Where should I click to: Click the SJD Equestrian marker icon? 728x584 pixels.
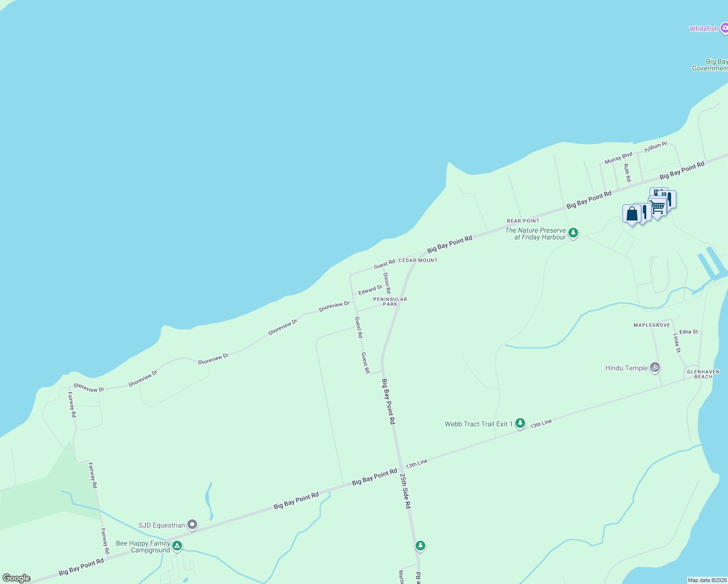[x=192, y=525]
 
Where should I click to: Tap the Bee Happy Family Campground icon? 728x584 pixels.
[x=177, y=546]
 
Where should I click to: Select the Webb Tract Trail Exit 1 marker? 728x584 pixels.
[x=520, y=423]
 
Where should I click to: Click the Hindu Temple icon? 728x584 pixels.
[x=655, y=367]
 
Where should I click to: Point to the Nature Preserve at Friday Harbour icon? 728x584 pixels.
[x=573, y=233]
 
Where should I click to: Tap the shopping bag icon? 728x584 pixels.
[x=632, y=214]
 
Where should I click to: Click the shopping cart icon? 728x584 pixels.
[x=657, y=207]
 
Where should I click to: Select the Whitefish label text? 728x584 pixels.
[x=704, y=29]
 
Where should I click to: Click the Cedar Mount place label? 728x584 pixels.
[x=418, y=260]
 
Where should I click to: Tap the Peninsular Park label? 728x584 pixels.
[x=390, y=302]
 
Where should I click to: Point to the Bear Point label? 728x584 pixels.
[x=523, y=221]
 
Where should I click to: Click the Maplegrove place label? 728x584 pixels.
[x=652, y=325]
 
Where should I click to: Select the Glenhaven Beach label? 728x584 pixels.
[x=703, y=374]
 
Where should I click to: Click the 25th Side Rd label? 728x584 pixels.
[x=405, y=491]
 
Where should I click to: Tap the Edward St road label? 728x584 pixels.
[x=370, y=290]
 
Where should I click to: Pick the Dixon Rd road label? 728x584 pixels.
[x=387, y=283]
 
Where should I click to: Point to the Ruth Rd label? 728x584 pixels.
[x=627, y=173]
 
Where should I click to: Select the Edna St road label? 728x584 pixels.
[x=689, y=332]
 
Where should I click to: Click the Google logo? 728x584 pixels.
[x=17, y=578]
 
